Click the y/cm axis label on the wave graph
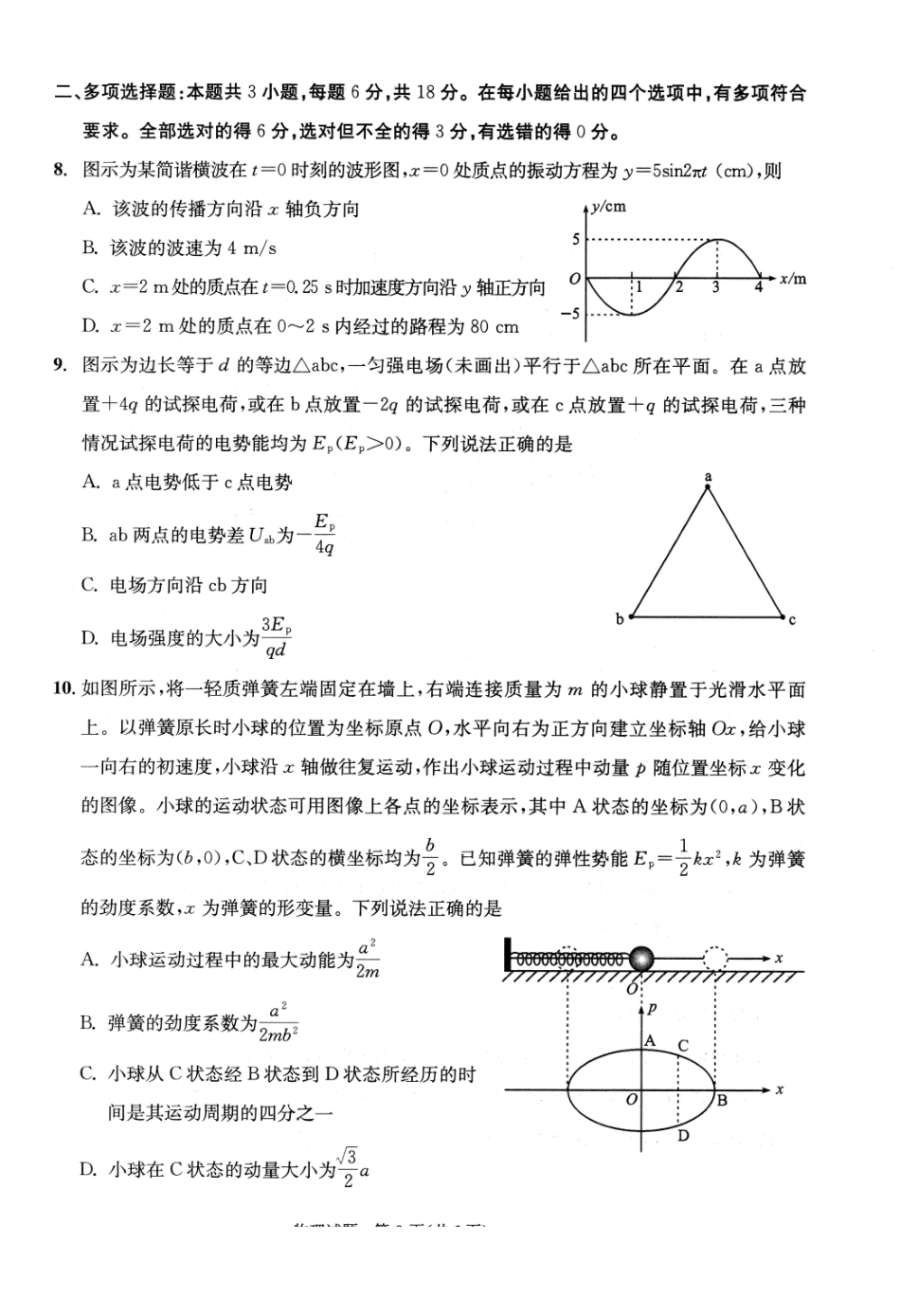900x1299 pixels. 607,207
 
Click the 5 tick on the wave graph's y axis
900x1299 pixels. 575,240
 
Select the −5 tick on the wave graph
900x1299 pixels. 570,313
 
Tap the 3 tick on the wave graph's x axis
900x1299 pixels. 716,287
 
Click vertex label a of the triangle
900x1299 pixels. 708,477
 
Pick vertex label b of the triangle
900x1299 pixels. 621,619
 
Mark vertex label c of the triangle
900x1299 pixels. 792,620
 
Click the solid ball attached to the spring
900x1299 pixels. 641,959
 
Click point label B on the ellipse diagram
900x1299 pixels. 722,1101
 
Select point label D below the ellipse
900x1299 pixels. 683,1135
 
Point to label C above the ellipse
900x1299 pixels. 683,1046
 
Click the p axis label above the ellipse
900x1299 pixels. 653,1011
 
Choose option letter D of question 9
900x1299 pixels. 89,637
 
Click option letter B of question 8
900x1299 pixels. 90,248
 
